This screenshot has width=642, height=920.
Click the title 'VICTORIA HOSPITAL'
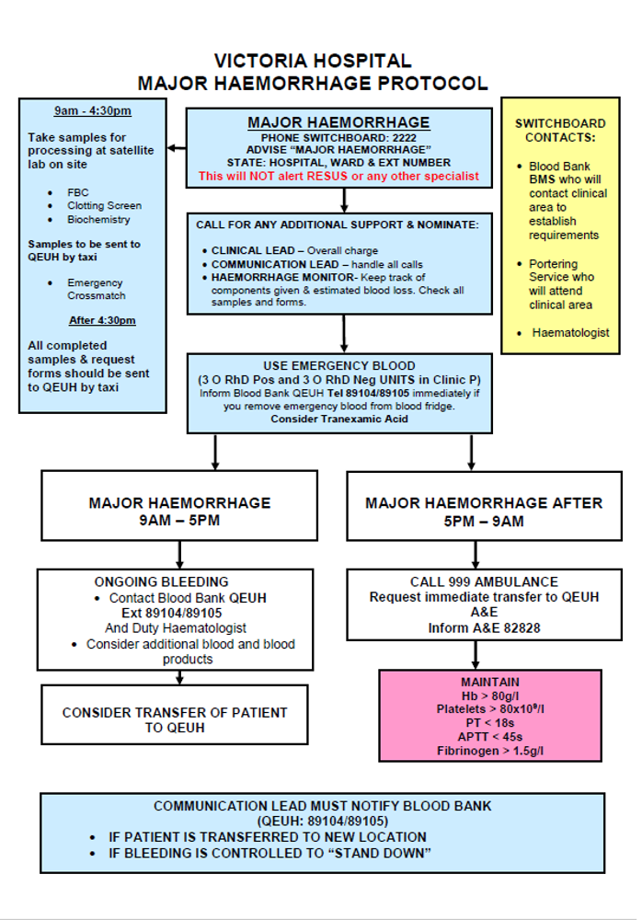[313, 62]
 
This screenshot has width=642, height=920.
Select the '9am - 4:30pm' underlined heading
[92, 111]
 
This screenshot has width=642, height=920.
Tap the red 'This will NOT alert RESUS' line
[338, 176]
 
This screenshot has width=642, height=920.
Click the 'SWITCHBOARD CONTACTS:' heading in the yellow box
[559, 130]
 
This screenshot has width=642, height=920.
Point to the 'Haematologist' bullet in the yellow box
[570, 332]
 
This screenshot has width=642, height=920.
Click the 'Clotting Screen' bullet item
[104, 206]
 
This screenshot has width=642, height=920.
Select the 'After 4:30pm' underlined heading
[102, 321]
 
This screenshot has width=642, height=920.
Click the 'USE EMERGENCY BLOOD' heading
[339, 365]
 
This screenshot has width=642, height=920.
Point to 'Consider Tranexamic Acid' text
[338, 419]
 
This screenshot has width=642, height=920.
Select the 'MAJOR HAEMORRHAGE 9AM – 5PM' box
[179, 512]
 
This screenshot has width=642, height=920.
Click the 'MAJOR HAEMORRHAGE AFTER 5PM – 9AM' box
[484, 512]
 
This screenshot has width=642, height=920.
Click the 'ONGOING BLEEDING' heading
[161, 581]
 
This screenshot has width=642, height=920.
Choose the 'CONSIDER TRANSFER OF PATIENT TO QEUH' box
[175, 719]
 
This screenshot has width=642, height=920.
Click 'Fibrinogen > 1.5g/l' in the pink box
[489, 751]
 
